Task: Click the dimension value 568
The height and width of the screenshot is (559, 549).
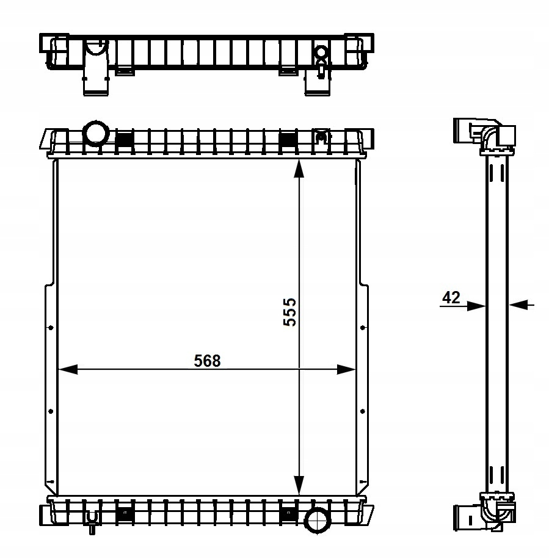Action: tap(207, 361)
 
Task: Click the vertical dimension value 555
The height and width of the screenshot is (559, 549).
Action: tap(289, 312)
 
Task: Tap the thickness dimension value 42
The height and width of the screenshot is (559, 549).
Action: tap(451, 297)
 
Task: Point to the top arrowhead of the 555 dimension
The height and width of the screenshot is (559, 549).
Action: tap(299, 168)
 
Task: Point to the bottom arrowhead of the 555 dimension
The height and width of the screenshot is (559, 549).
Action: tap(299, 486)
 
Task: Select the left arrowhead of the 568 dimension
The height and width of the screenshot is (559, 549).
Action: tap(67, 369)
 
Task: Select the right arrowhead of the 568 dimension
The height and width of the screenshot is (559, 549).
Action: tap(346, 369)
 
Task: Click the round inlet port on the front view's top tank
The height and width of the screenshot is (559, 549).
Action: tap(95, 133)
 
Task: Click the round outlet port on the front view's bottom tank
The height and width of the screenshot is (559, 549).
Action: tap(317, 521)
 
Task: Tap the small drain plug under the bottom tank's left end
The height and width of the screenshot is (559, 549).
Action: tap(92, 524)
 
